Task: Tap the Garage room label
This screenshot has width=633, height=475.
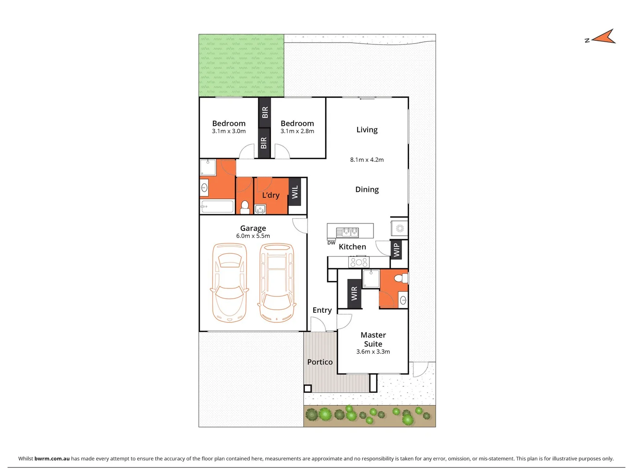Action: coord(253,228)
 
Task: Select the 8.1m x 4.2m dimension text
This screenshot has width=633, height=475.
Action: coord(367,160)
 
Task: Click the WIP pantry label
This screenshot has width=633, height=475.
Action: coord(396,250)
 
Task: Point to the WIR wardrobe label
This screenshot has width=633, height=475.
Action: coord(355,293)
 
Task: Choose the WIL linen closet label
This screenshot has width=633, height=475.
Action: coord(295,192)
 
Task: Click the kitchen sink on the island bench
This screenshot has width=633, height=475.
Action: coord(348,232)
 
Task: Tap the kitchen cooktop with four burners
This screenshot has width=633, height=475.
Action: coord(359,263)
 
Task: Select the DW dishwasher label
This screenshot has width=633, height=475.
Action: coord(331,243)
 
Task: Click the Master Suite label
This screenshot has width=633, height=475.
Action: coord(373,340)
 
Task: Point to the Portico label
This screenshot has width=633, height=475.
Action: coord(320,362)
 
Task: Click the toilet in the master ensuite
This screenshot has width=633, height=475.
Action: coord(401,278)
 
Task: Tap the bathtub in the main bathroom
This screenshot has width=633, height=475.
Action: coord(217,206)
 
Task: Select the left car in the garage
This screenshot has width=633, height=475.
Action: coord(229,283)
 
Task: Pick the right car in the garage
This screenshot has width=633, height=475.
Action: coord(277,283)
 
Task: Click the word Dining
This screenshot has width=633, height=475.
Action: coord(367,190)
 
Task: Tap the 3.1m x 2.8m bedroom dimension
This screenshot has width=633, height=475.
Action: coord(297,131)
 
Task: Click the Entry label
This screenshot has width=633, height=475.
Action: coord(322,310)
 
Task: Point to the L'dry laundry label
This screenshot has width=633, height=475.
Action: coord(271,195)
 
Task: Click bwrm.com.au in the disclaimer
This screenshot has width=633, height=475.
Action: coord(52,458)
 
